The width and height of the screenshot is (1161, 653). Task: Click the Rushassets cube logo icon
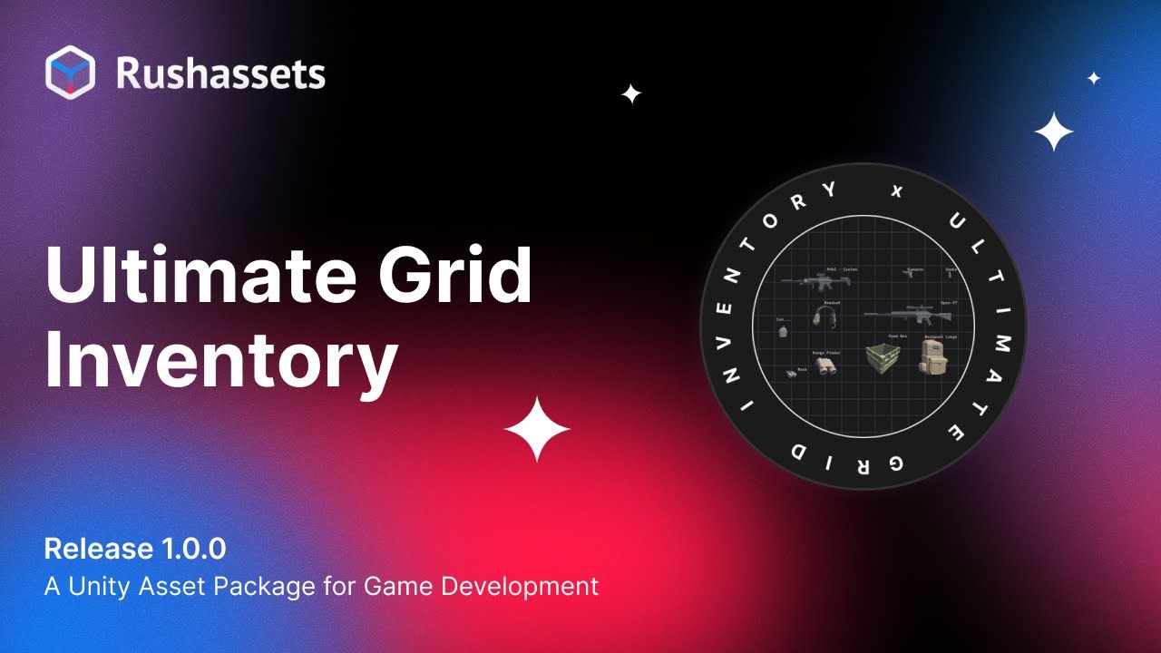70,73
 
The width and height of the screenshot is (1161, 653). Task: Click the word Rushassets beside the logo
220,73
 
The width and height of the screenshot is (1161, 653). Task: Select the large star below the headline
537,429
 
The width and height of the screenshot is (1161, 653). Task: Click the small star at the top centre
631,93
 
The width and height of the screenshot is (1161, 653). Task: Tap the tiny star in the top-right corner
1094,78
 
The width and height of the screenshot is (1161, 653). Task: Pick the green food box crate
881,358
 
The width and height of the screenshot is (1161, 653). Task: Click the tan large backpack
933,356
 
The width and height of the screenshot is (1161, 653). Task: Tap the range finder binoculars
825,365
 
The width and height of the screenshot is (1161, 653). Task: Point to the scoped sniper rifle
908,315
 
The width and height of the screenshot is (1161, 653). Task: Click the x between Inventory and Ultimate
898,190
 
